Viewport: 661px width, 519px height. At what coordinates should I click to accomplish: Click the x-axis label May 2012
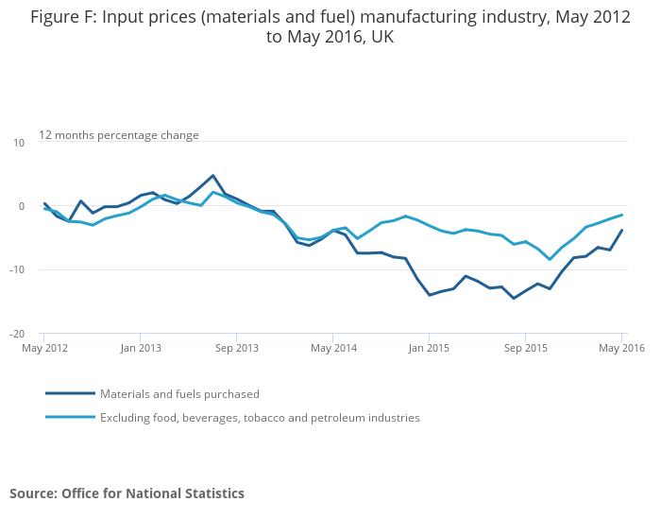tap(43, 349)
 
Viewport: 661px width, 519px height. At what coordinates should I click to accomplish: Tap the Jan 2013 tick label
tap(140, 349)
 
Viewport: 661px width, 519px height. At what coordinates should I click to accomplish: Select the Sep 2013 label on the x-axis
tap(237, 349)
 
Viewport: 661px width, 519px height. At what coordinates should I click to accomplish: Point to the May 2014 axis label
tap(333, 349)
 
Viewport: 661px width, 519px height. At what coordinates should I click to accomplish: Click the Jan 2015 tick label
tap(429, 349)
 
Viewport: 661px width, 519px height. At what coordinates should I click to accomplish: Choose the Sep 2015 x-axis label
tap(526, 349)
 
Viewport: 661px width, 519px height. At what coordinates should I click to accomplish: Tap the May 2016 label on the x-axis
tap(620, 349)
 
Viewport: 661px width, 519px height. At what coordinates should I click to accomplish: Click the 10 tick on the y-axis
tap(18, 143)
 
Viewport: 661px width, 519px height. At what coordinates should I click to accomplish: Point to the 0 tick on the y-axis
tap(20, 206)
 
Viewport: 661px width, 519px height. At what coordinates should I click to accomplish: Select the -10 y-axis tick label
tap(16, 269)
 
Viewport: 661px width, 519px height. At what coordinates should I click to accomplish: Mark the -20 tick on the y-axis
tap(16, 334)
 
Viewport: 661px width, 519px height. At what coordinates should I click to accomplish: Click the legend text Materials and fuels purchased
tap(179, 394)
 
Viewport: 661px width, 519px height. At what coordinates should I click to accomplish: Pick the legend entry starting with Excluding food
tap(260, 418)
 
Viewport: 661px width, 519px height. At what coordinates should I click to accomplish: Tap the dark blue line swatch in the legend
tap(70, 393)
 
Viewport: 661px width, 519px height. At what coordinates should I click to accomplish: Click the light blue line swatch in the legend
tap(70, 417)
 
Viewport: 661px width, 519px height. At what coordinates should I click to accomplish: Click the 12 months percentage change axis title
tap(119, 135)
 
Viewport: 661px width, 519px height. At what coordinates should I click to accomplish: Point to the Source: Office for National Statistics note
tap(127, 493)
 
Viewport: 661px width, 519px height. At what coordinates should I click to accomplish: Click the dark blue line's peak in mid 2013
tap(213, 176)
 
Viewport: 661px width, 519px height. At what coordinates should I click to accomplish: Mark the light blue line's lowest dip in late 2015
tap(550, 259)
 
